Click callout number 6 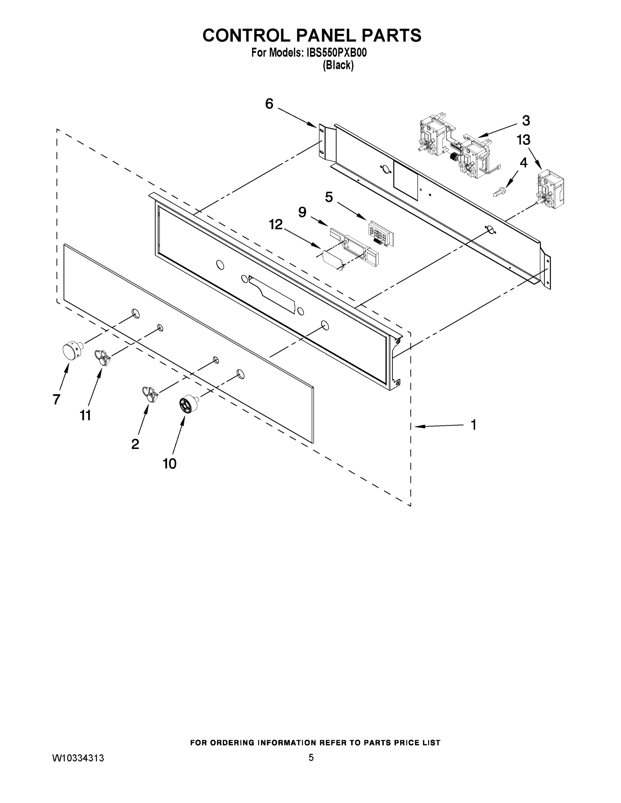pos(269,104)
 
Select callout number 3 pos(526,120)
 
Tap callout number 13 pos(523,140)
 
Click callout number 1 pos(473,425)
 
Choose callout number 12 pos(276,224)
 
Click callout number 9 pos(302,212)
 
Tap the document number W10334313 pos(78,758)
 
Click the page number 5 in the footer pos(311,757)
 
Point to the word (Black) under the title pos(338,66)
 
